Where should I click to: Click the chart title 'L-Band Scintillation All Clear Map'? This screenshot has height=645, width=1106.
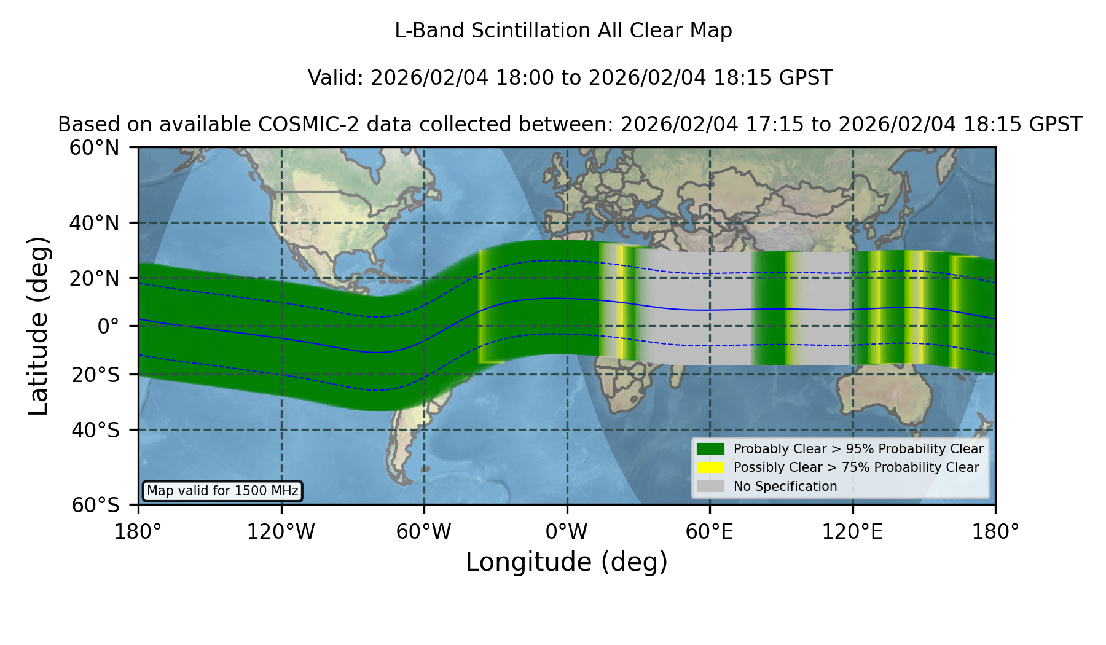pyautogui.click(x=563, y=31)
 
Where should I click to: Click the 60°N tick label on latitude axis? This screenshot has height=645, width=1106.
pyautogui.click(x=95, y=148)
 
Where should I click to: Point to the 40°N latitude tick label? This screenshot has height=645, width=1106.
pyautogui.click(x=95, y=223)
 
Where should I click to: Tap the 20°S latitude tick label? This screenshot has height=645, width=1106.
pyautogui.click(x=96, y=375)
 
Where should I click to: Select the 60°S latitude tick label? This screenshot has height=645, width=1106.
pyautogui.click(x=96, y=505)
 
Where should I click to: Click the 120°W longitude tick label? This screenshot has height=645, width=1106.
pyautogui.click(x=281, y=532)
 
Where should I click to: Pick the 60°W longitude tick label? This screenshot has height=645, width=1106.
pyautogui.click(x=424, y=532)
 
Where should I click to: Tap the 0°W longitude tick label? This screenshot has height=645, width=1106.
pyautogui.click(x=567, y=532)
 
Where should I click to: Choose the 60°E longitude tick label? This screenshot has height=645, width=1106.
pyautogui.click(x=710, y=532)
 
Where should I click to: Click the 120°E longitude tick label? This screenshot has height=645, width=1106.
pyautogui.click(x=852, y=532)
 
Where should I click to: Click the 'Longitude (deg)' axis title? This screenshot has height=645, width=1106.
pyautogui.click(x=567, y=563)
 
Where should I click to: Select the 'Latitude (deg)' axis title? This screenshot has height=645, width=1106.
pyautogui.click(x=38, y=326)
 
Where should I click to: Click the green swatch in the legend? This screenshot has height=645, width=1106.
pyautogui.click(x=711, y=449)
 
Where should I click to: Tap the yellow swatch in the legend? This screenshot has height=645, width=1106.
pyautogui.click(x=711, y=467)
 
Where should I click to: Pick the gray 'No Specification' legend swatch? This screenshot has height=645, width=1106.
pyautogui.click(x=711, y=487)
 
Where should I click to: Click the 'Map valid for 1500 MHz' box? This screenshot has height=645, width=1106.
pyautogui.click(x=222, y=491)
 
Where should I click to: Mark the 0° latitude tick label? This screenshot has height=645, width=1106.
pyautogui.click(x=108, y=326)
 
